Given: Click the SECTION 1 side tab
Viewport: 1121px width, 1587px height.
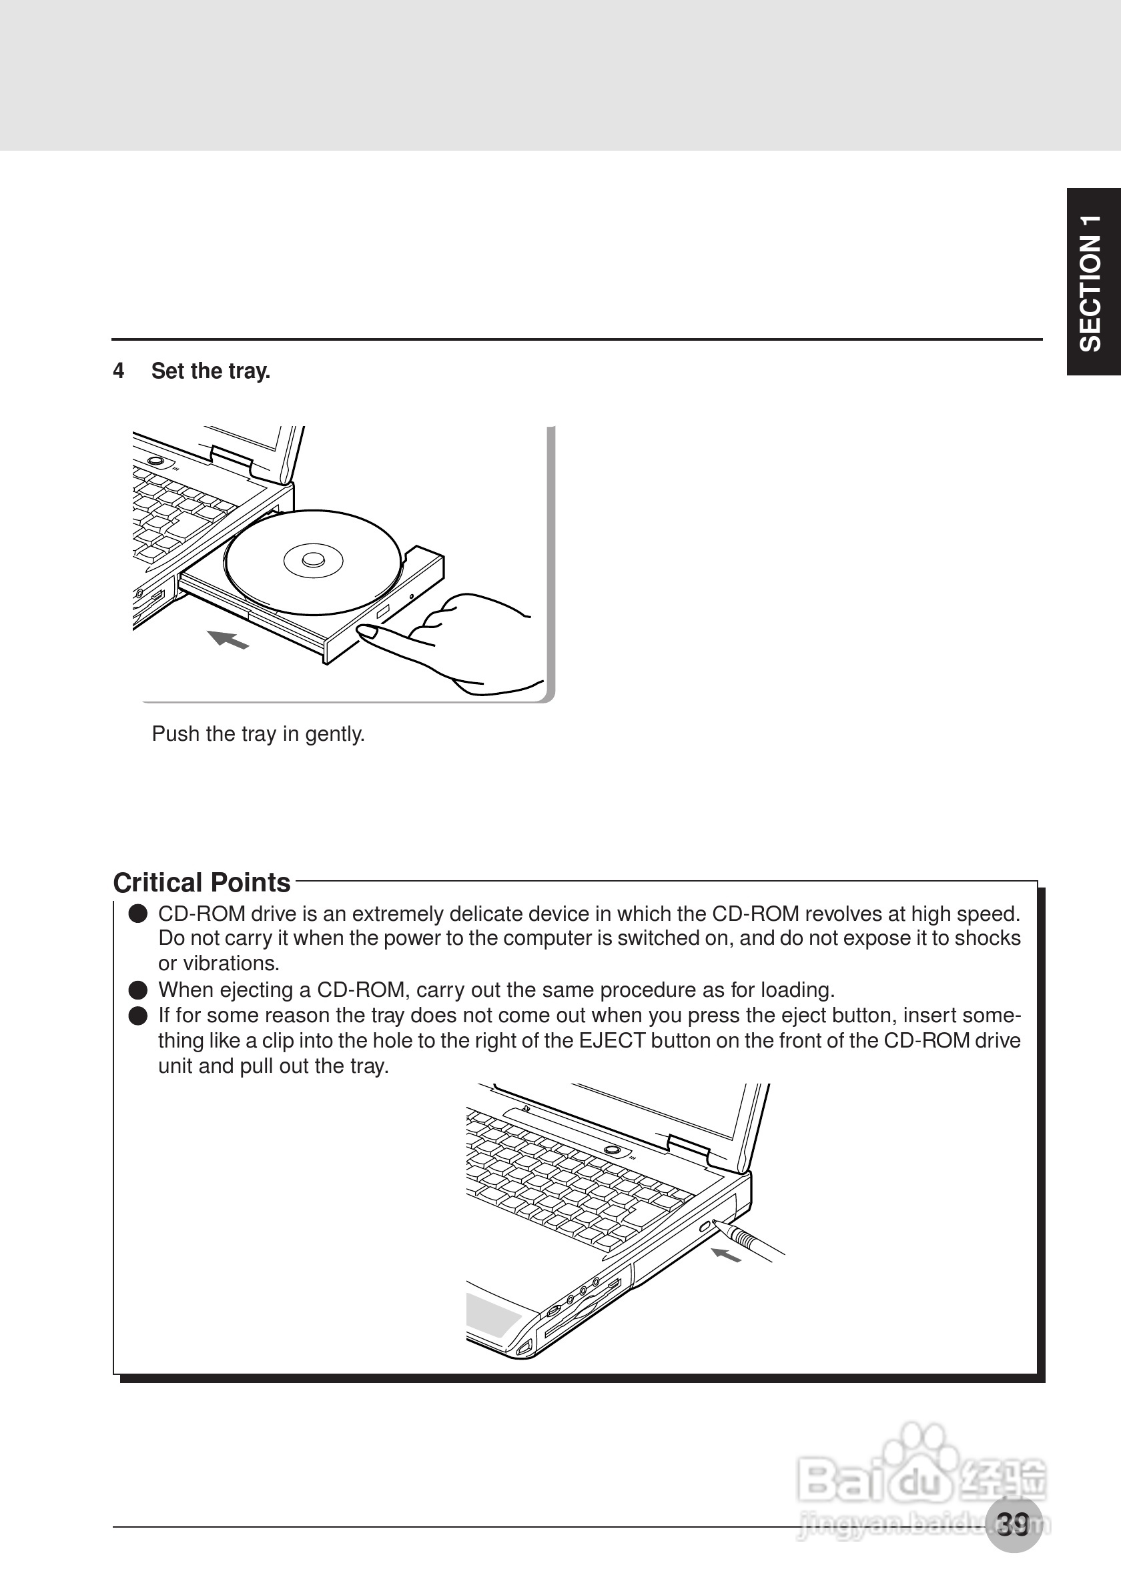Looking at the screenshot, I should point(1093,281).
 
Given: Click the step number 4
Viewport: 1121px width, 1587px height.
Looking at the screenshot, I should point(118,371).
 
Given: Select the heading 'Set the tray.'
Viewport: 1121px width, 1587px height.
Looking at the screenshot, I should point(210,371).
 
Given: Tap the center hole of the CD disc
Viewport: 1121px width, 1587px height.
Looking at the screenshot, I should point(313,559).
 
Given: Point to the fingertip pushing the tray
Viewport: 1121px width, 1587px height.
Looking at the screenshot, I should point(366,630).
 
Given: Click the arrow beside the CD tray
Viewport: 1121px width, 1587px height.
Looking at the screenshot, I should point(228,639).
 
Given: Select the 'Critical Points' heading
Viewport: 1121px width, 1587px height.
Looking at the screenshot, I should point(202,883).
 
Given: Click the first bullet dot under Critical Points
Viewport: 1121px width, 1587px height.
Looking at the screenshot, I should point(138,914).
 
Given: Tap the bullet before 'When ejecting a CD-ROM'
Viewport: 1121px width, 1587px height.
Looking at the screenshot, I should point(138,990).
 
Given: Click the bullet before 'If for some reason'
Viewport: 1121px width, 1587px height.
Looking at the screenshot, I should point(138,1016).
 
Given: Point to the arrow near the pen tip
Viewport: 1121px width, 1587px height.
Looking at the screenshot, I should point(726,1255).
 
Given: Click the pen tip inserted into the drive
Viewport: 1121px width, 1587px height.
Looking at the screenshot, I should point(717,1224).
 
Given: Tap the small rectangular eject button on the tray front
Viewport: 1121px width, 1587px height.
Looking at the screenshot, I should point(384,610).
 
